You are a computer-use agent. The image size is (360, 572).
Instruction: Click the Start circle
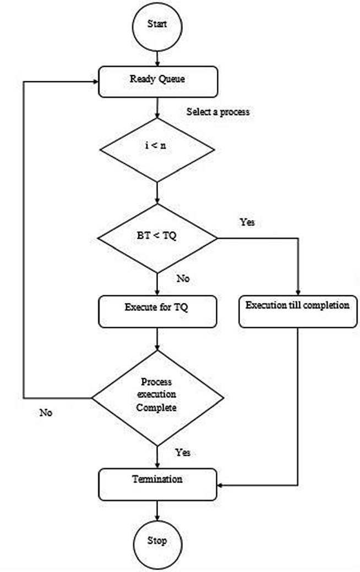[x=157, y=24]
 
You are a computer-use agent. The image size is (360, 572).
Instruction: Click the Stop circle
[x=157, y=540]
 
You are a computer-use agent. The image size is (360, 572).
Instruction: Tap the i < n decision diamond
[x=157, y=146]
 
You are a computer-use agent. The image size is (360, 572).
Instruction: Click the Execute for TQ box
[x=157, y=308]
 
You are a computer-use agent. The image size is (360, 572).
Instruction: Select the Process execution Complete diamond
[x=157, y=394]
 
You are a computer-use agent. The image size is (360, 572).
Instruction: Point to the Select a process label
[x=218, y=112]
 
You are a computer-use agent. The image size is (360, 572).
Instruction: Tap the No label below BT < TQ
[x=183, y=278]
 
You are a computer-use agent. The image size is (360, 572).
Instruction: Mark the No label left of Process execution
[x=46, y=412]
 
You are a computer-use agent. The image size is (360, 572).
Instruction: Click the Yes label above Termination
[x=183, y=453]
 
